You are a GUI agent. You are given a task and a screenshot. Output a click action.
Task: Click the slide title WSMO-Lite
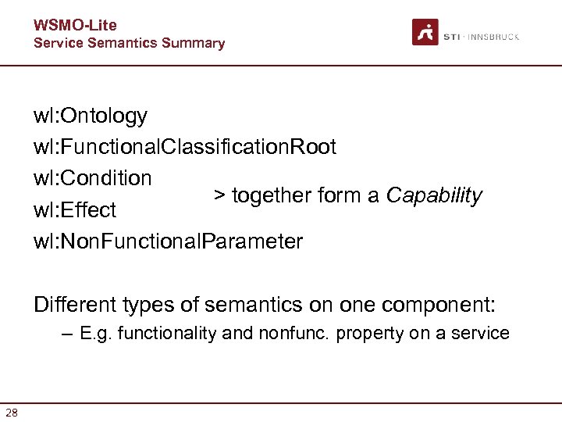point(75,26)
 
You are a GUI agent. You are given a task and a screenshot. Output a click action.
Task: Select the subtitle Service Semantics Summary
point(129,43)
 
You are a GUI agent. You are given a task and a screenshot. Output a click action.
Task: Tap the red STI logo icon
point(425,32)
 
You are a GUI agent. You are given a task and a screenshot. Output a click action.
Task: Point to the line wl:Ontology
point(90,116)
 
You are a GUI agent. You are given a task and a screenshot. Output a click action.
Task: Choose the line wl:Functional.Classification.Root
point(185,147)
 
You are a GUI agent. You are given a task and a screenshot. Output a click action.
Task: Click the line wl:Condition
point(92,178)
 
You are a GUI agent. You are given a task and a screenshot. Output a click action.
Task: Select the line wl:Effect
point(75,210)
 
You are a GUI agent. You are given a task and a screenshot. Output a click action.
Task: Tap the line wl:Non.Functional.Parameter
point(168,241)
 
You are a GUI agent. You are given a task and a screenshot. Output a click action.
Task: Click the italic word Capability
point(435,195)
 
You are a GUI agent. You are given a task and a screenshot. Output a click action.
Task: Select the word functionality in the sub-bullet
point(167,334)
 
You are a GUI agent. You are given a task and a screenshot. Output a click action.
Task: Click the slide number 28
point(12,412)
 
